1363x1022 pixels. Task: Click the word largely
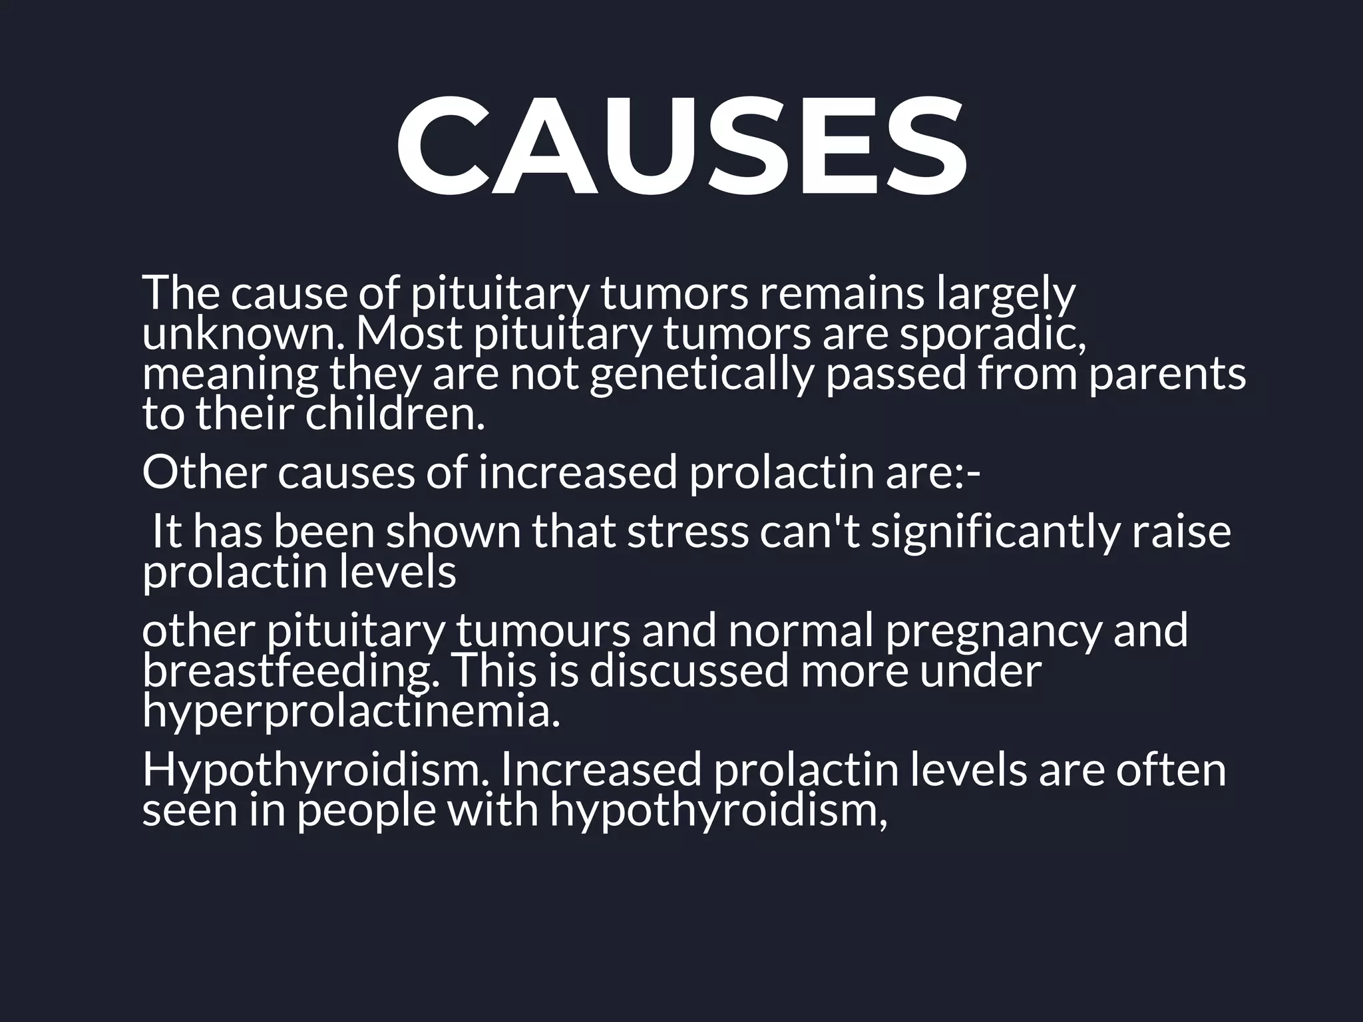[1005, 293]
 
